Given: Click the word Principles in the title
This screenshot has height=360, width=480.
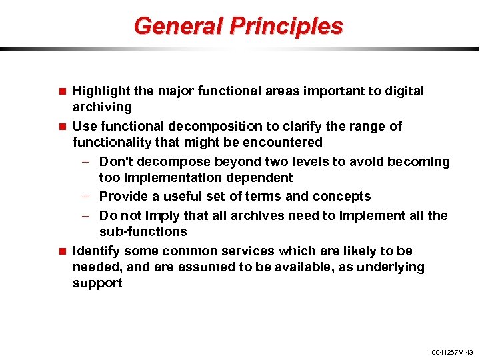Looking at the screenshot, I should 287,26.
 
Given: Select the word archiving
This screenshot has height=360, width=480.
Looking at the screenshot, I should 102,107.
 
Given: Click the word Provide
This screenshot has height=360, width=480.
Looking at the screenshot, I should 123,197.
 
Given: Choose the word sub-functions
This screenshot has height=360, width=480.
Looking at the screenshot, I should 143,232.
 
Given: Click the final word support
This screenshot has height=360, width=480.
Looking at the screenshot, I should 97,283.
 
